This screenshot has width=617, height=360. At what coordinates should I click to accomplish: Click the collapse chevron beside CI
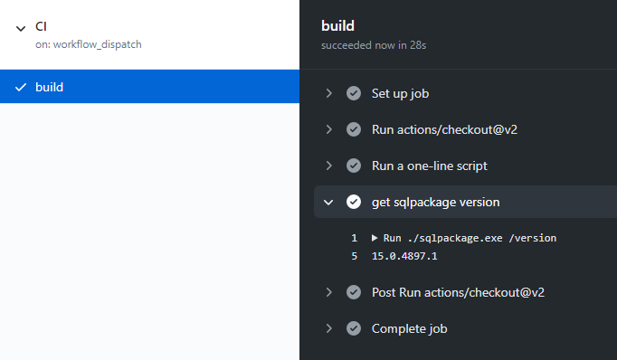coord(21,28)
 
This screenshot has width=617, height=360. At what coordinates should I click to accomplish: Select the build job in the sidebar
coord(149,87)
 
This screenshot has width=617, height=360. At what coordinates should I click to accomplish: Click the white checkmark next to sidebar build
coord(21,87)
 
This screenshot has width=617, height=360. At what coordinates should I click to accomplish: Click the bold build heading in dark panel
coord(337,26)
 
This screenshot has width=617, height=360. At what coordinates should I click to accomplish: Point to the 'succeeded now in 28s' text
coord(374,45)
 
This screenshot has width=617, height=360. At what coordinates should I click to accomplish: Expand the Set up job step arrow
coord(329,93)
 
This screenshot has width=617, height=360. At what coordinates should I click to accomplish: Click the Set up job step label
coord(400,94)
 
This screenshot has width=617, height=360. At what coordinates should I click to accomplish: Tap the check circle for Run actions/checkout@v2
coord(354,129)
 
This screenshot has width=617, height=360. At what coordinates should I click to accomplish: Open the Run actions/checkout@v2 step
coord(444,129)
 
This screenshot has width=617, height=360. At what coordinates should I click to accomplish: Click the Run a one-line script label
coord(430,166)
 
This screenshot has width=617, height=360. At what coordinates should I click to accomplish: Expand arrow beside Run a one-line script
coord(329,166)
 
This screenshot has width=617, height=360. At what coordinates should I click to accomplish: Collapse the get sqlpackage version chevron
coord(328,203)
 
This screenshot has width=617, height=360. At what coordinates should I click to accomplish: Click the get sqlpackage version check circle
coord(354,202)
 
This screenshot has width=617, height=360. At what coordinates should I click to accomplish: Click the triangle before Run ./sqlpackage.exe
coord(375,238)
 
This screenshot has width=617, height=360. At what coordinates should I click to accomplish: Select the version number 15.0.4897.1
coord(404,256)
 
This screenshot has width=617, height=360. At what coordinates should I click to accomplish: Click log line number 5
coord(354,256)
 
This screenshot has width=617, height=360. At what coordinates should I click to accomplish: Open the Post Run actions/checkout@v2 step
coord(458,292)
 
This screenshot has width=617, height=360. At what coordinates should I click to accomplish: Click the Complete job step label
coord(409,328)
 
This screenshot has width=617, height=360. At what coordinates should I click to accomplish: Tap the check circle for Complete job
coord(354,328)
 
